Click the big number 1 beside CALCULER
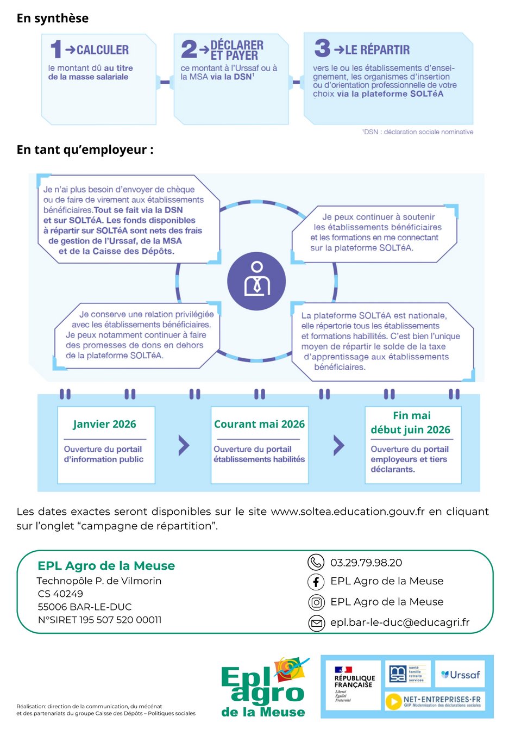[x=56, y=49]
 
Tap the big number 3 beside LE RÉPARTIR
[x=322, y=48]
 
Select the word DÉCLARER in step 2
[x=237, y=45]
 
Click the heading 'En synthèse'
[x=53, y=18]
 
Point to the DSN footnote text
[x=418, y=132]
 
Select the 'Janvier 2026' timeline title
[x=104, y=424]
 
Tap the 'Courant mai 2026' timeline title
[x=259, y=424]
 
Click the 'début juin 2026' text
[x=410, y=430]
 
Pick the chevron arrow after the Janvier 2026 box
[x=184, y=445]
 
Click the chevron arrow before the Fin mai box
[x=338, y=445]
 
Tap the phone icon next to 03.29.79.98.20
[x=316, y=562]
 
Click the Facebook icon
[x=316, y=582]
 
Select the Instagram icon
[x=316, y=602]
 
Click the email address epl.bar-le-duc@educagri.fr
[x=400, y=622]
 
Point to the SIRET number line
[x=99, y=620]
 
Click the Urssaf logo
[x=461, y=675]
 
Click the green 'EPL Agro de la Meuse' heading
[x=106, y=566]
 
